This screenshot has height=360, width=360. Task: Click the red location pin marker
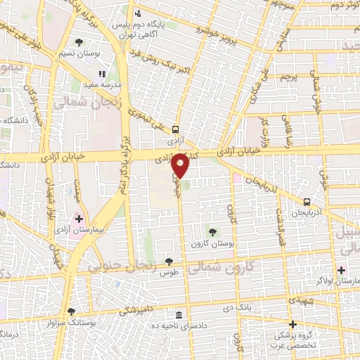point(180,165)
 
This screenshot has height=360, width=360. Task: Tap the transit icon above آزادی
point(175,129)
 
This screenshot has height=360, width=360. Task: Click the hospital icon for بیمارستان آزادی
point(79,219)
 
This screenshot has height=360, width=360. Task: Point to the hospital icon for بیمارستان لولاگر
point(340,270)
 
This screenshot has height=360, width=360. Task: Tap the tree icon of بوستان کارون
point(212,231)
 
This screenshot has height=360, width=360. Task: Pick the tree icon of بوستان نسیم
point(78,42)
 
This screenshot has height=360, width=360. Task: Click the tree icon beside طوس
point(167,261)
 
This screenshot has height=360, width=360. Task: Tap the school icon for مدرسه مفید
point(102,73)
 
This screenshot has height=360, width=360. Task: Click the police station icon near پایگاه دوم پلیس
point(138,13)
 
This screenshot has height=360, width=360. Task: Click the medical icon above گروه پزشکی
point(292,324)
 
